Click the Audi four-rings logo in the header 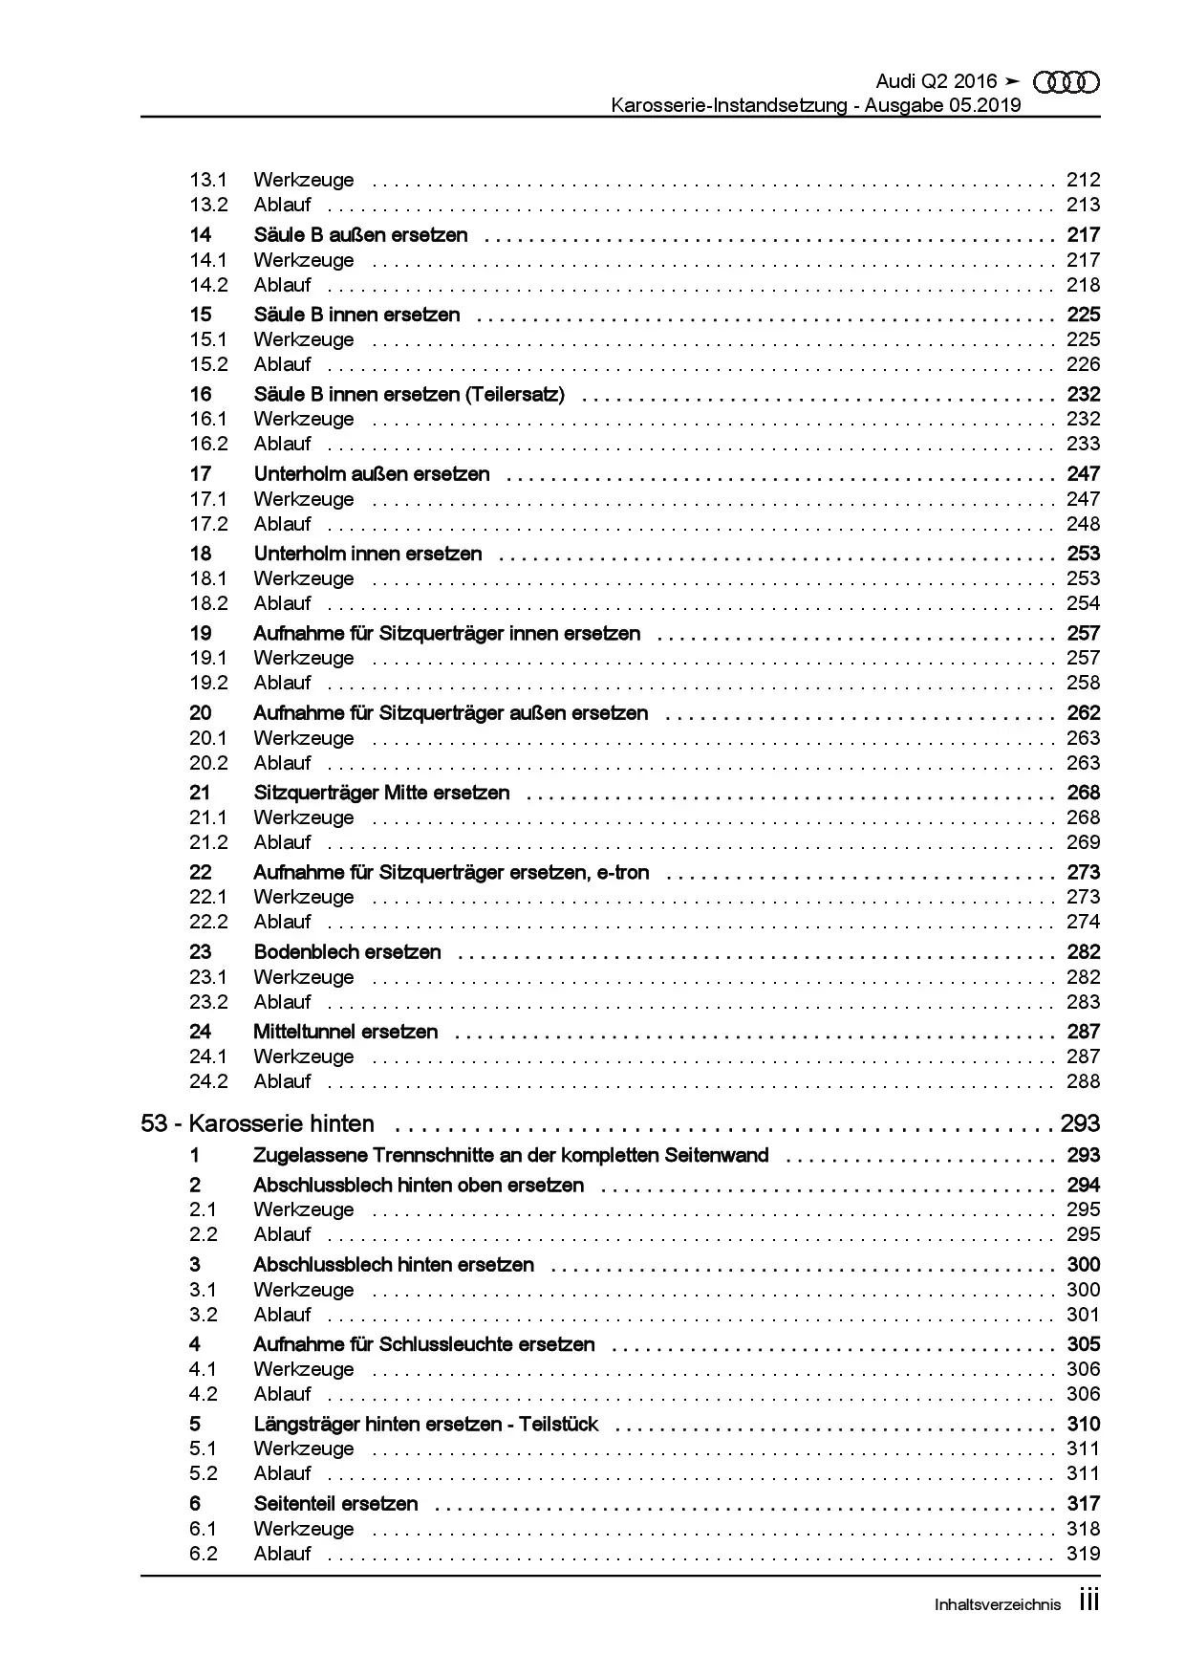1067,82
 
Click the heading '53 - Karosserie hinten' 257,1123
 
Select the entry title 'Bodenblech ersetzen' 347,952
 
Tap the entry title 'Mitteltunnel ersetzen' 345,1032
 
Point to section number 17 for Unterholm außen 200,474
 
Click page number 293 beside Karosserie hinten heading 1080,1123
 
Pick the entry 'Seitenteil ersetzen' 335,1504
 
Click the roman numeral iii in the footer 1088,1601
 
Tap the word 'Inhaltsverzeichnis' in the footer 997,1605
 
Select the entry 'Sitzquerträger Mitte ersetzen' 381,793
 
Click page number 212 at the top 1083,180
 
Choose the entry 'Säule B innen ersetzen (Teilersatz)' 409,394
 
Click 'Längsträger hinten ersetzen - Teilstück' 425,1425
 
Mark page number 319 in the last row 1083,1554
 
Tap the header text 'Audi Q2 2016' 936,82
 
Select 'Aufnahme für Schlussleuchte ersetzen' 423,1344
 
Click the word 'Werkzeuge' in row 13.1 303,180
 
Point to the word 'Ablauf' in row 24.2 282,1081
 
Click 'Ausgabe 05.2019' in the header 942,105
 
